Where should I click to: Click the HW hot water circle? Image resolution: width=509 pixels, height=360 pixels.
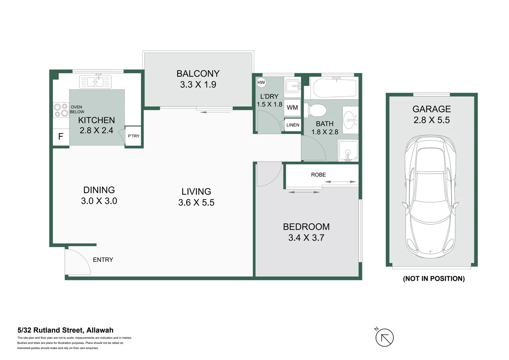pyautogui.click(x=261, y=82)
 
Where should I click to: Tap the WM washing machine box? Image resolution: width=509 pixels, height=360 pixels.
pyautogui.click(x=292, y=108)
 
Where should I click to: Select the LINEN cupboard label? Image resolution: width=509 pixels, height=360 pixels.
pyautogui.click(x=293, y=125)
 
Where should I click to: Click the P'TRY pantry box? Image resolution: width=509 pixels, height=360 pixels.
pyautogui.click(x=133, y=136)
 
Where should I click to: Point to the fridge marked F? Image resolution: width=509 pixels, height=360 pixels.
pyautogui.click(x=61, y=136)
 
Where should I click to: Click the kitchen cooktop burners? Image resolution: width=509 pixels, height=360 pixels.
pyautogui.click(x=61, y=110)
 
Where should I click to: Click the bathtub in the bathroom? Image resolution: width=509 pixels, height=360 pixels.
pyautogui.click(x=334, y=88)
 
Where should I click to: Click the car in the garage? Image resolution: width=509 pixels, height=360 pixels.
pyautogui.click(x=430, y=197)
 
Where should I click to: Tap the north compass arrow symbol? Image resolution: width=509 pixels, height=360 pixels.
pyautogui.click(x=384, y=338)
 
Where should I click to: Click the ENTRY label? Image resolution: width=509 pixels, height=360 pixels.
pyautogui.click(x=103, y=260)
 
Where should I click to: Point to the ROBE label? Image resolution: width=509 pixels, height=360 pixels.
pyautogui.click(x=318, y=175)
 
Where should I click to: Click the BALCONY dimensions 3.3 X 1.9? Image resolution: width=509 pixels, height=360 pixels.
pyautogui.click(x=198, y=85)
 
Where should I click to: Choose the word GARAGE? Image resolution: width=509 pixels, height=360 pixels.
pyautogui.click(x=431, y=109)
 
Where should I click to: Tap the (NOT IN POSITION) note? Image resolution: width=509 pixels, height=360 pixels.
pyautogui.click(x=434, y=279)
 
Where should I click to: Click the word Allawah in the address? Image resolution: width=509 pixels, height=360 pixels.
pyautogui.click(x=100, y=330)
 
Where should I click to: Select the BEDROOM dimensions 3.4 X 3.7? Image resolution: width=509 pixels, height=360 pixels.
pyautogui.click(x=306, y=238)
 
